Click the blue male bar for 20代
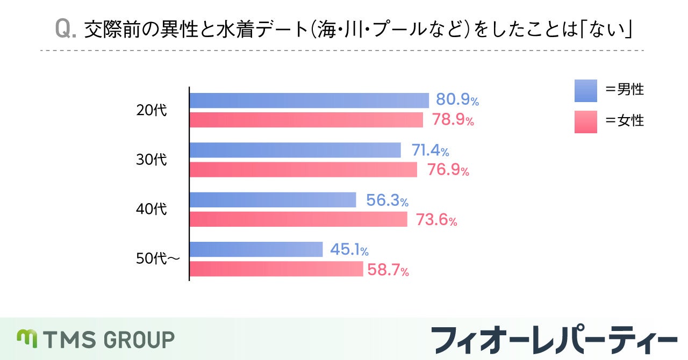click(x=309, y=100)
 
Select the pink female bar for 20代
click(x=306, y=120)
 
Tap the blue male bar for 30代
click(x=295, y=150)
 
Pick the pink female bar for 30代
click(x=303, y=170)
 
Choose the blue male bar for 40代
click(x=273, y=200)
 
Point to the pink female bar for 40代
click(x=298, y=219)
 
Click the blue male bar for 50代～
click(x=256, y=249)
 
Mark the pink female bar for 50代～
click(x=276, y=269)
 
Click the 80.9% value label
click(x=457, y=100)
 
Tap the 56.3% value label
click(x=387, y=200)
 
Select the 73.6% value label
click(x=436, y=220)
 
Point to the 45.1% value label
click(x=348, y=250)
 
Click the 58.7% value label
click(x=388, y=270)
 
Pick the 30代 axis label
click(x=152, y=160)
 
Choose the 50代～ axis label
click(x=157, y=259)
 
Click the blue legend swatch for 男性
click(x=585, y=91)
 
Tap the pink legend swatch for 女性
click(x=585, y=121)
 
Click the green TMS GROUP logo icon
click(x=26, y=338)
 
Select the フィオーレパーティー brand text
click(x=554, y=339)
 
